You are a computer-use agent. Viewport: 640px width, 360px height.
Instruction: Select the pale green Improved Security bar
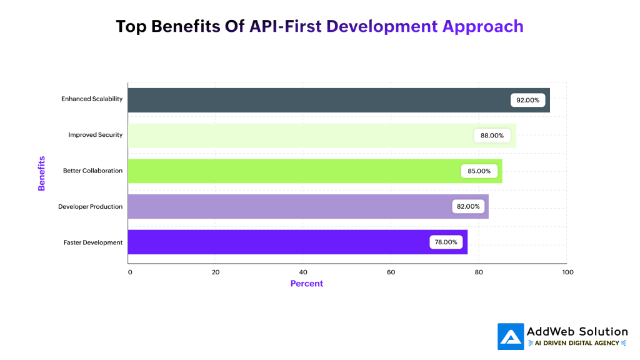(x=300, y=136)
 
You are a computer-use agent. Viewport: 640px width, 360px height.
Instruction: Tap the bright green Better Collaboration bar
(x=294, y=171)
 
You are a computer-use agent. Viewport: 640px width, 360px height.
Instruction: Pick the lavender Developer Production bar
(x=287, y=206)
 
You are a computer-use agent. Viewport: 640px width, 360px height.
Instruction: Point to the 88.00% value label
(x=492, y=136)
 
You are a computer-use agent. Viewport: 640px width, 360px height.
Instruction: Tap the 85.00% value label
(x=479, y=171)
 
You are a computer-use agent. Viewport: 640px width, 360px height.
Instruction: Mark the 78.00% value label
(x=446, y=242)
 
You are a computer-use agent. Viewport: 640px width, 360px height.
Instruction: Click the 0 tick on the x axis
(x=130, y=272)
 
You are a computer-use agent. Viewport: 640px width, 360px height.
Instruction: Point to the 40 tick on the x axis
(x=303, y=272)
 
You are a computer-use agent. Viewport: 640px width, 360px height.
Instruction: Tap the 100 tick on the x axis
(x=567, y=272)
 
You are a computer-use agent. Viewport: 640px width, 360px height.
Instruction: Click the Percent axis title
(x=307, y=284)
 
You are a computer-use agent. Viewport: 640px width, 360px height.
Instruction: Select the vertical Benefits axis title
(x=41, y=173)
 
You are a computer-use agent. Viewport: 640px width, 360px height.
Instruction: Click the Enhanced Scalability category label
(x=92, y=99)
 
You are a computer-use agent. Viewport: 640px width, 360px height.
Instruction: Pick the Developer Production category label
(x=90, y=207)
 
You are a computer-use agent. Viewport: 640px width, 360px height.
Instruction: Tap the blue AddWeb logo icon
(x=510, y=336)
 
